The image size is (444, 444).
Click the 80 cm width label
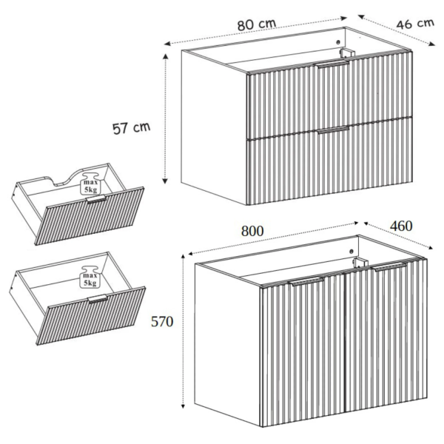[257, 24]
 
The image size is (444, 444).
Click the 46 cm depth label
[415, 24]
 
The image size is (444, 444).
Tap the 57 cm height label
[131, 128]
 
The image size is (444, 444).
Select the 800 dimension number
[252, 231]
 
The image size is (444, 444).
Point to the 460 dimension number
[401, 226]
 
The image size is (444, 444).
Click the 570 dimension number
[162, 322]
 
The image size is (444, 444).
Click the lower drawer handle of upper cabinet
[333, 130]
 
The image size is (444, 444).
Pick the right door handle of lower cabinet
[390, 266]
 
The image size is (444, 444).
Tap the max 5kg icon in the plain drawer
[90, 277]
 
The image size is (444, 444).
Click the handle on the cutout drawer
[96, 199]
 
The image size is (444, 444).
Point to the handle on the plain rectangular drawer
[98, 299]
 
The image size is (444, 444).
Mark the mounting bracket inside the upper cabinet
[347, 53]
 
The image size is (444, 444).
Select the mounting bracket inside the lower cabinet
[360, 263]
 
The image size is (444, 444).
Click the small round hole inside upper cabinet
[338, 42]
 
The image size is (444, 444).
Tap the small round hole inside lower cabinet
[351, 251]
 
